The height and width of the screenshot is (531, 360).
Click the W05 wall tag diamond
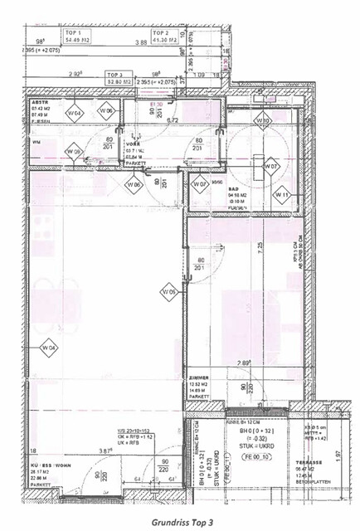168,291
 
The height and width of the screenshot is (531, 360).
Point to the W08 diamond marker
73,151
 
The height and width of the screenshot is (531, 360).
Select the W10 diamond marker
263,121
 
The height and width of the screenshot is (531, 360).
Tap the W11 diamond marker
282,195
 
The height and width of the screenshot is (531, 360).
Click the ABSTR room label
41,102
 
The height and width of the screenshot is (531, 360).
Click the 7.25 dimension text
260,246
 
